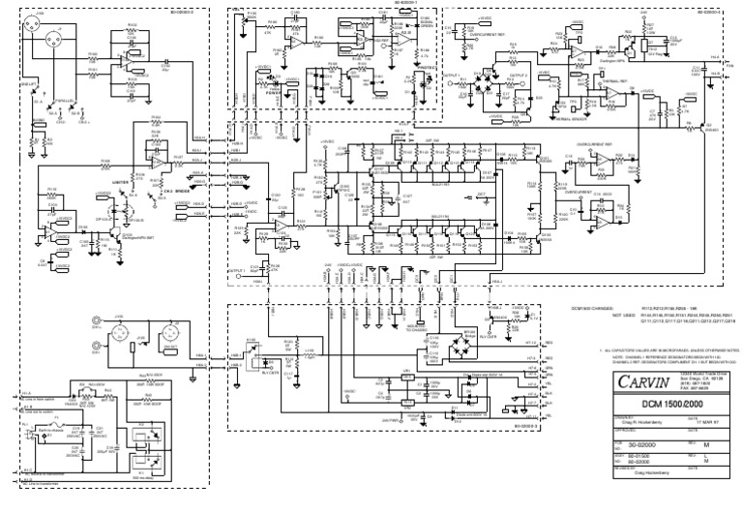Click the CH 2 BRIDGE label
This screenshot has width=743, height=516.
point(174,191)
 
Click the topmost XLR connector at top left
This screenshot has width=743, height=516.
point(40,20)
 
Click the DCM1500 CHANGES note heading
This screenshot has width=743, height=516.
point(600,307)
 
